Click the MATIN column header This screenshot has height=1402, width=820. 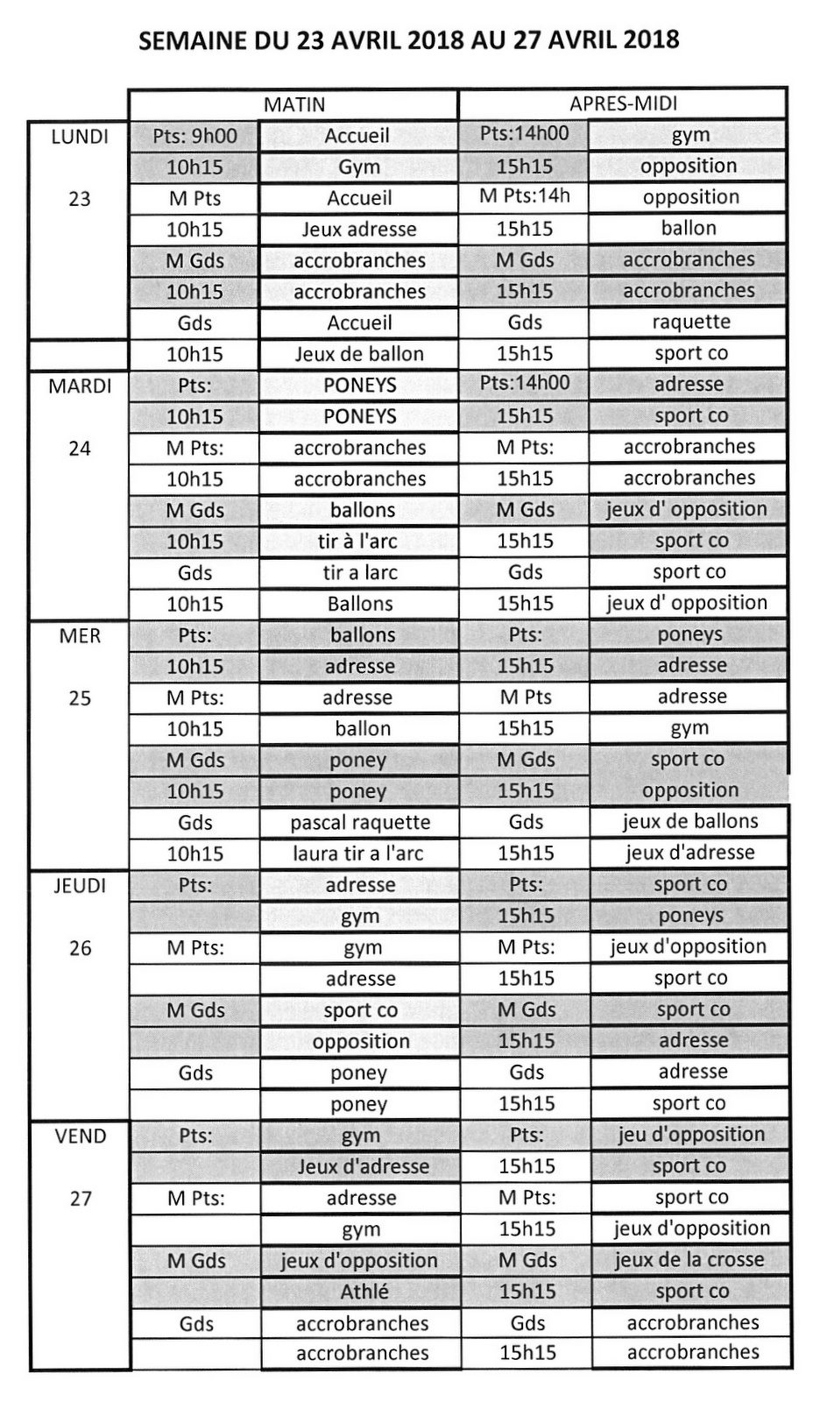294,104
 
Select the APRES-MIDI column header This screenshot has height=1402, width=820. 623,103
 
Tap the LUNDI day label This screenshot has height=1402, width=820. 80,137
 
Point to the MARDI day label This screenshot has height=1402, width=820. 80,386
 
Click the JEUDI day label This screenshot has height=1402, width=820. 80,886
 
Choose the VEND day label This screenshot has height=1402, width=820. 80,1136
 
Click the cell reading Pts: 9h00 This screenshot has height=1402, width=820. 194,136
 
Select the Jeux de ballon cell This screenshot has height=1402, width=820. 359,354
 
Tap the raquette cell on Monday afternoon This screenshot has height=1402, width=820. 690,322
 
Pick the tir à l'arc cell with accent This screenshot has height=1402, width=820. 357,542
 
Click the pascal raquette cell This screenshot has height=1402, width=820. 360,823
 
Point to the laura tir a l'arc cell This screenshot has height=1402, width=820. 359,853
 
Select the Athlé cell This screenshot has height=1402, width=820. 364,1292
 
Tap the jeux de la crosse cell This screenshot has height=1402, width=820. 689,1260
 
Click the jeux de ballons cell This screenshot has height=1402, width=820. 690,821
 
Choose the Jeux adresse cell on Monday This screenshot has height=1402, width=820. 359,230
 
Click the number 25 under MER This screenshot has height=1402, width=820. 80,698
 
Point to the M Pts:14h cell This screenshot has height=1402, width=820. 524,196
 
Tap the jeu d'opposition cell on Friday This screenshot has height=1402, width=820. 690,1135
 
